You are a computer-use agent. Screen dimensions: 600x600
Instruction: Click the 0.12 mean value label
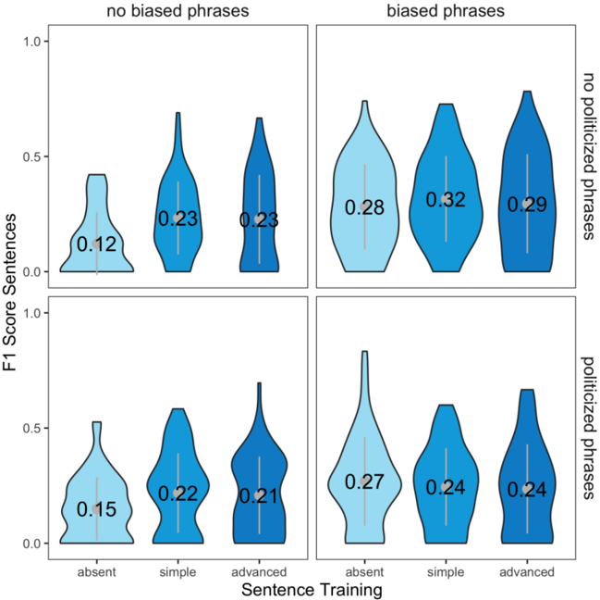coord(96,245)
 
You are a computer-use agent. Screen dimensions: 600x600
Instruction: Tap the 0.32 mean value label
coord(445,199)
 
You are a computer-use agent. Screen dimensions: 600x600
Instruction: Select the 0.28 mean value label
coord(364,207)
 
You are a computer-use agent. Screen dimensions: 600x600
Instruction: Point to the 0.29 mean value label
coord(526,204)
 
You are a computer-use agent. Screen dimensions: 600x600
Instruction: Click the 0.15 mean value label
coord(96,509)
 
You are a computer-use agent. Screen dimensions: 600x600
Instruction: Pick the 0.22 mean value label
coord(178,494)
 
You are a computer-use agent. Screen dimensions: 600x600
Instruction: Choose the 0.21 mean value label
coord(259,496)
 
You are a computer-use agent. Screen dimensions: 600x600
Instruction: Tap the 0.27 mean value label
coord(364,481)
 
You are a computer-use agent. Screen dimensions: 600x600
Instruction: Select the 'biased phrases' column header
coord(446,11)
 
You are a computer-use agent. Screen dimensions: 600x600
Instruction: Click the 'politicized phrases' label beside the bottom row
coord(588,427)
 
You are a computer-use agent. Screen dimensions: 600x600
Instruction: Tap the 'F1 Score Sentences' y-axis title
coord(12,291)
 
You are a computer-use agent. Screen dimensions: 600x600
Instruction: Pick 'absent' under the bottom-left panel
coord(96,571)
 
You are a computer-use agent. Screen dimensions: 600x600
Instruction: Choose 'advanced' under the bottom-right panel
coord(526,571)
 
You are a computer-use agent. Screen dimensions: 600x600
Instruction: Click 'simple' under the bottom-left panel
coord(178,571)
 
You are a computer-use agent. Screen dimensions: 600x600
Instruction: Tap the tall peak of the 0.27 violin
coord(364,355)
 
